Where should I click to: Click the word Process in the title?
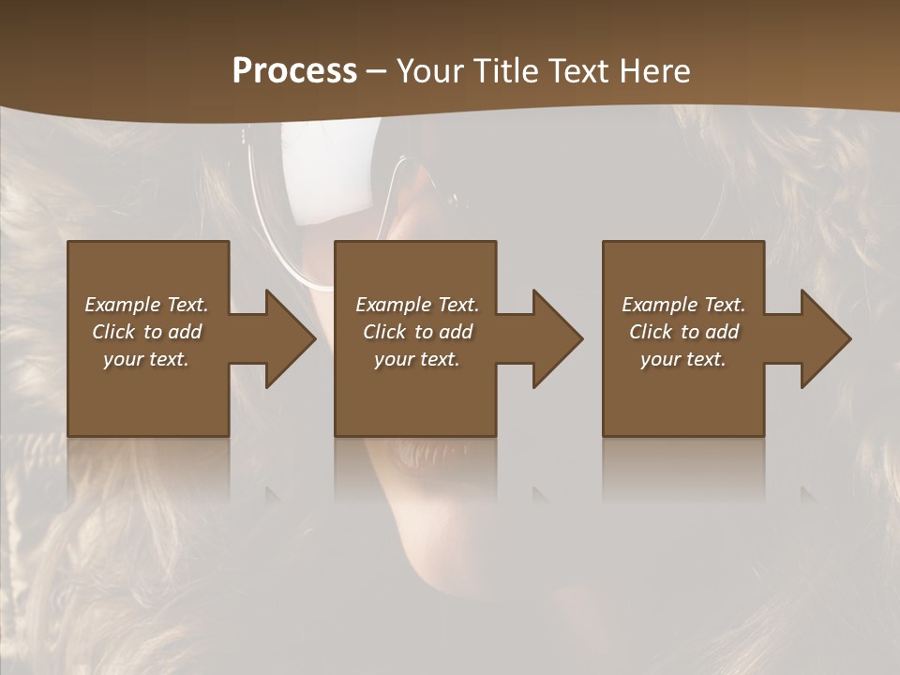(294, 71)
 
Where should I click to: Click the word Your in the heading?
(432, 71)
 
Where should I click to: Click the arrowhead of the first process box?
(287, 338)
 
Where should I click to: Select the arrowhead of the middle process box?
(554, 338)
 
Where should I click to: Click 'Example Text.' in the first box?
(146, 305)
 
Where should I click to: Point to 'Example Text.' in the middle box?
(417, 305)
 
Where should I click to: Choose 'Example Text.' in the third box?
(683, 305)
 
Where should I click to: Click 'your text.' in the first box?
(146, 359)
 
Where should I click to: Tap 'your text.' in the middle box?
(417, 359)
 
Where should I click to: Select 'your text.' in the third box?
(683, 359)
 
